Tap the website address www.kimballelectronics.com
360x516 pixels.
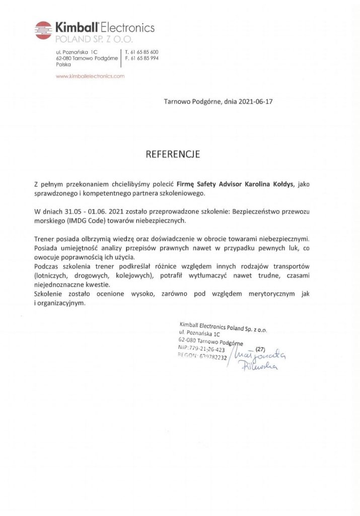pos(90,76)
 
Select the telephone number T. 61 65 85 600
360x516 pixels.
pos(141,52)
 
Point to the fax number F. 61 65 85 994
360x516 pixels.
pos(141,58)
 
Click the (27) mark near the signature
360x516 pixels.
pos(260,349)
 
